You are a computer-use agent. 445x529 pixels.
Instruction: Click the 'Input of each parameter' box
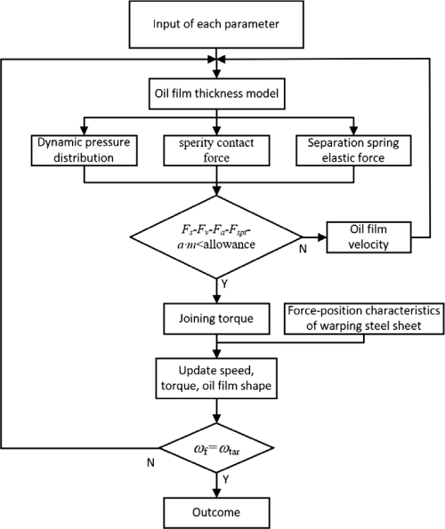click(216, 24)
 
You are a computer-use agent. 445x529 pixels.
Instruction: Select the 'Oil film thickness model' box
click(217, 93)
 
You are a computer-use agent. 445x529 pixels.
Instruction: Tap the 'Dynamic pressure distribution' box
click(84, 150)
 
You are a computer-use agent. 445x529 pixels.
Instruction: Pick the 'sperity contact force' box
click(216, 150)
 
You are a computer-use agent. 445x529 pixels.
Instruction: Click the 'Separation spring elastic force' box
click(353, 150)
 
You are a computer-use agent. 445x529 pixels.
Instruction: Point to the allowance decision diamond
click(216, 237)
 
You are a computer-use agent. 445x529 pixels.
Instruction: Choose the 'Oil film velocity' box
click(368, 237)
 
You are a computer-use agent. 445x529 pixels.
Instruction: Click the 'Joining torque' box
click(216, 319)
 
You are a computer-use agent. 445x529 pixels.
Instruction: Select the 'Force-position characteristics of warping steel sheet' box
click(364, 319)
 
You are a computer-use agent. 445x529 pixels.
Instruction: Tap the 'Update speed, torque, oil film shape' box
click(216, 379)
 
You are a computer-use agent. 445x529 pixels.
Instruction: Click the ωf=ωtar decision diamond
click(216, 448)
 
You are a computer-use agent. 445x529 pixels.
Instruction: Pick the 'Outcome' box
click(216, 512)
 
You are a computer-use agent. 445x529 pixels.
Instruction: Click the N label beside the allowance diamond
click(303, 249)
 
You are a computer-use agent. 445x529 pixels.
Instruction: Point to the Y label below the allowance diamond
click(225, 285)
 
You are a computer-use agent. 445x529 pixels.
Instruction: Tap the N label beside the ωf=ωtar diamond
click(150, 462)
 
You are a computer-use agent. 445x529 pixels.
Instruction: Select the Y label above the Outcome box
click(225, 479)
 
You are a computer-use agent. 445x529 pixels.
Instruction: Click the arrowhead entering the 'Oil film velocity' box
click(322, 237)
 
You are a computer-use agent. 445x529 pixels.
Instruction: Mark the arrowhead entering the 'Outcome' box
click(216, 493)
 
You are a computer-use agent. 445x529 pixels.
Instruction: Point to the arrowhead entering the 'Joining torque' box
click(216, 299)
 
